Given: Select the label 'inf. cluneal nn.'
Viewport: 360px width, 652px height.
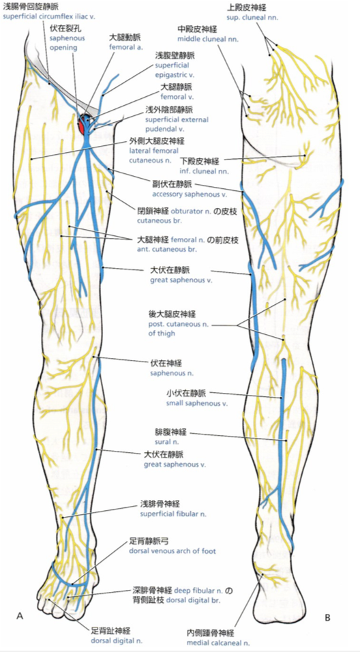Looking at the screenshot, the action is tap(205, 171).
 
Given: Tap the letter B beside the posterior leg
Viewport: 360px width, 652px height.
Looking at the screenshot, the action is tap(327, 618).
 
